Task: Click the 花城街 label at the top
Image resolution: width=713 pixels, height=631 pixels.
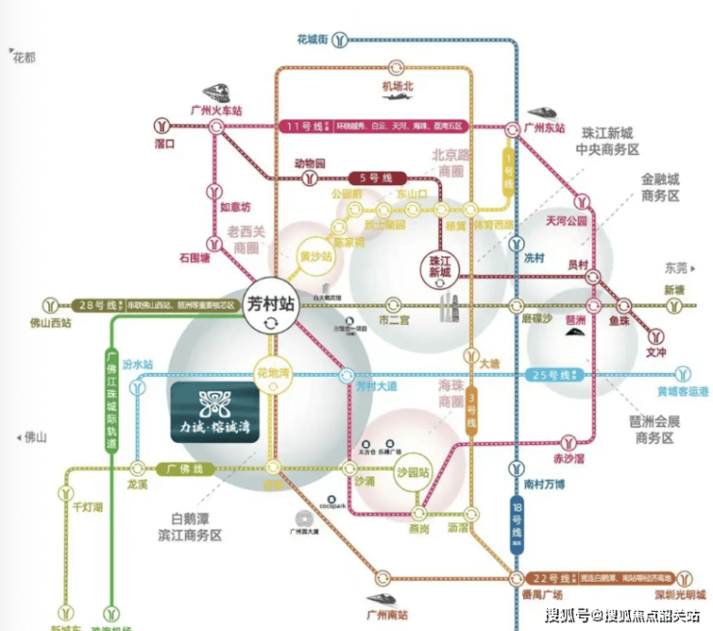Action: (x=313, y=39)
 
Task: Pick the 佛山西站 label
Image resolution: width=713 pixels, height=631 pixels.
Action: (x=53, y=323)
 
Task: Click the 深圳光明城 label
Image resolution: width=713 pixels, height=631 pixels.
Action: (x=680, y=593)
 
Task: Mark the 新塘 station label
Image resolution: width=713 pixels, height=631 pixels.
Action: (x=678, y=290)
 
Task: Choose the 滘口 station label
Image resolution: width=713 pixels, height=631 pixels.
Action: (x=164, y=144)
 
